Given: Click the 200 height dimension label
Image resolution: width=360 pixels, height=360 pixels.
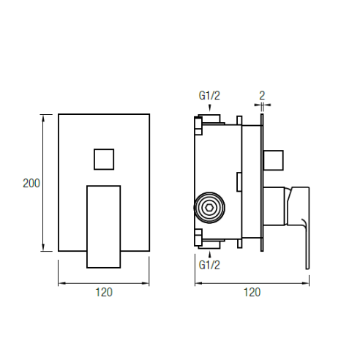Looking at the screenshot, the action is pos(31,184).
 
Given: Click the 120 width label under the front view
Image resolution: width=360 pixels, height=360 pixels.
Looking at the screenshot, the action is pos(104,292).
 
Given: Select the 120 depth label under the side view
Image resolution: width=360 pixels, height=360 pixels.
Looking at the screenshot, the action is pos(252,292).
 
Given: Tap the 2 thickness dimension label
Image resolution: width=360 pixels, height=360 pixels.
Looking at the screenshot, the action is pos(262,96).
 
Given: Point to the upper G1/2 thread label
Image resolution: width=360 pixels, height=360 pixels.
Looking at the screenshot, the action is pos(209,95).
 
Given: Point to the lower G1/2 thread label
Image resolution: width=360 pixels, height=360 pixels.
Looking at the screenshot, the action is pos(209,265).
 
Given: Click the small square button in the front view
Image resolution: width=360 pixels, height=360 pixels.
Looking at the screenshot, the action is pos(104,160).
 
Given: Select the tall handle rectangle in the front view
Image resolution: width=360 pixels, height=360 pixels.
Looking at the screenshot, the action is pos(104,227).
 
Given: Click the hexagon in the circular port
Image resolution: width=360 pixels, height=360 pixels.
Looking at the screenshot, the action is pos(209,208).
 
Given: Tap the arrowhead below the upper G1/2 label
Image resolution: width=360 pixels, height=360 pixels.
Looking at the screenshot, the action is pos(209,108).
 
